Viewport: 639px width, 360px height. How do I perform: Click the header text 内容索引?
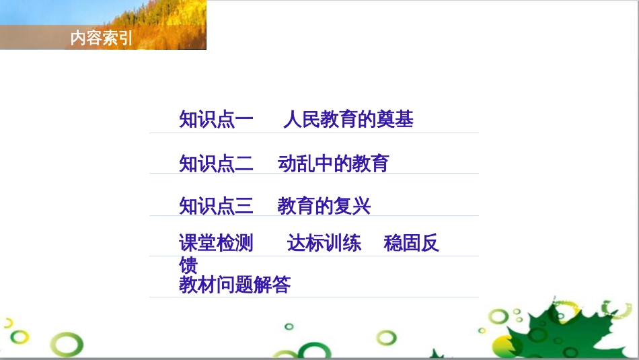[x=102, y=38]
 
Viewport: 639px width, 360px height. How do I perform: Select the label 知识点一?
[x=216, y=120]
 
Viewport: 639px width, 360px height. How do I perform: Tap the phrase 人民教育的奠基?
[x=348, y=120]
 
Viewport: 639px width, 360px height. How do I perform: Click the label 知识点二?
[x=216, y=163]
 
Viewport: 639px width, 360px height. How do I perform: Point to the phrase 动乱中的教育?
[x=333, y=163]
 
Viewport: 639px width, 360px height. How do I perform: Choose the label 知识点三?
[x=216, y=205]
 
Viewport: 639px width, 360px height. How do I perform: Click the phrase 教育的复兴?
[x=324, y=205]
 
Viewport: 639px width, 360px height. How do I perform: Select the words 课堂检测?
[x=216, y=243]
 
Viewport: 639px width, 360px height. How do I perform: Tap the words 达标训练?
[x=324, y=243]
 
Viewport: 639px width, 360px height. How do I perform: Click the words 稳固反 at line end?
[x=411, y=243]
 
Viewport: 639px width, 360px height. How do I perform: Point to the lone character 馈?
[x=188, y=264]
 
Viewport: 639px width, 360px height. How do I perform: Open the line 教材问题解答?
[x=235, y=285]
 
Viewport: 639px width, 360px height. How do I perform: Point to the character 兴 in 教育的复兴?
[x=361, y=205]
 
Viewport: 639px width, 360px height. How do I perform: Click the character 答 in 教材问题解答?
[x=282, y=285]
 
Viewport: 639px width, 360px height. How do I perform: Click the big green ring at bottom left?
[x=69, y=345]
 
